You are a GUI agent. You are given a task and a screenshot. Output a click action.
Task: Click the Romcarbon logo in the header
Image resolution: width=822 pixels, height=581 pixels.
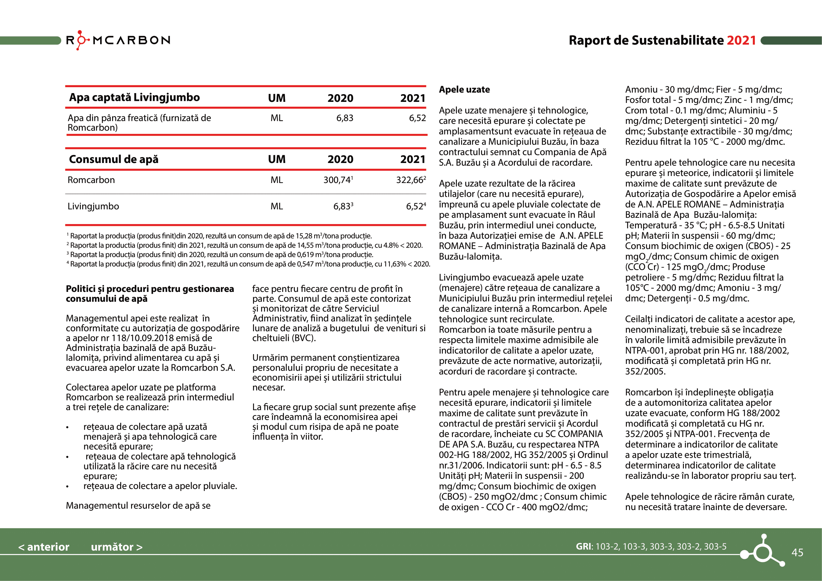[x=118, y=40]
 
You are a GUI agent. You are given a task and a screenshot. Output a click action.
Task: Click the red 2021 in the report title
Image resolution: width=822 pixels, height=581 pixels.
[x=741, y=40]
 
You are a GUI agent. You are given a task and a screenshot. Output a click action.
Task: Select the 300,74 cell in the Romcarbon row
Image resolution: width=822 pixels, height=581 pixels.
[x=338, y=180]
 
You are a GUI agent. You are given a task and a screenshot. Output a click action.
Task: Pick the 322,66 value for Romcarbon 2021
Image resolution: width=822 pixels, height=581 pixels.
[x=410, y=180]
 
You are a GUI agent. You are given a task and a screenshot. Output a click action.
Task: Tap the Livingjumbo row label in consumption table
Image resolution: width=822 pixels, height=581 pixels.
[x=93, y=207]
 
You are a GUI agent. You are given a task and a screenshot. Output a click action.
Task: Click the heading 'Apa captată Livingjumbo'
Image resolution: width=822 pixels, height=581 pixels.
[x=134, y=98]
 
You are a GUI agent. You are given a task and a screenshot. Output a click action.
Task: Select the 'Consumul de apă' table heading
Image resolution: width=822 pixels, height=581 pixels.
[x=114, y=159]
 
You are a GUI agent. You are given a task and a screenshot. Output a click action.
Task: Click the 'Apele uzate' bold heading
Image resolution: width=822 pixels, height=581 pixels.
[x=464, y=90]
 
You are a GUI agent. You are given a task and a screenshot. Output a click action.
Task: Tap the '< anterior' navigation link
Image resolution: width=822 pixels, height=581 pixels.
[x=44, y=547]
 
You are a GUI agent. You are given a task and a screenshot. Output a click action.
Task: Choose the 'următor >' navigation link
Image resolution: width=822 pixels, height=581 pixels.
[x=117, y=547]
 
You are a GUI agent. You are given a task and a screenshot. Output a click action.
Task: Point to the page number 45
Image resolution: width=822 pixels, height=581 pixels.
[x=797, y=553]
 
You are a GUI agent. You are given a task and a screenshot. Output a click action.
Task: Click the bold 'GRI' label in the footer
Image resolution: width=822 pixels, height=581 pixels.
[x=584, y=547]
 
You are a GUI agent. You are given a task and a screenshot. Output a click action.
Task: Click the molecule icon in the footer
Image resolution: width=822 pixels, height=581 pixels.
[x=763, y=551]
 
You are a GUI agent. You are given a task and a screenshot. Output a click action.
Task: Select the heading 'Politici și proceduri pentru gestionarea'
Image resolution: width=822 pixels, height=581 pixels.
[x=150, y=289]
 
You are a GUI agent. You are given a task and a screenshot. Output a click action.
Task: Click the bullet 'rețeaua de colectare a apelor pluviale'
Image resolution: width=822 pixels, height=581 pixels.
[x=160, y=486]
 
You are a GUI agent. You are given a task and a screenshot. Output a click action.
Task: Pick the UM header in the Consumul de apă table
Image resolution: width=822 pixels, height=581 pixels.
[x=277, y=159]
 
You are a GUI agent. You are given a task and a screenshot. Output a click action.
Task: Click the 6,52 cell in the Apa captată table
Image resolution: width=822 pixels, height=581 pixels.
[x=417, y=118]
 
